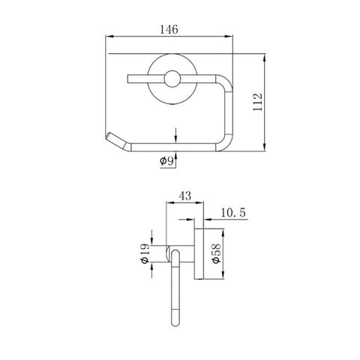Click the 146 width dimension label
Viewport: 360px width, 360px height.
click(x=169, y=29)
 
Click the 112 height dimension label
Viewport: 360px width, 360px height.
click(x=257, y=102)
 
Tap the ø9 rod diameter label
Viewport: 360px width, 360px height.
click(x=166, y=160)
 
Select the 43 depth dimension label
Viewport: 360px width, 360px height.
click(x=185, y=196)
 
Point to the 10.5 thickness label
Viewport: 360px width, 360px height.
click(x=233, y=212)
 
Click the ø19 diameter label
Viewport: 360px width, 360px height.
click(x=145, y=253)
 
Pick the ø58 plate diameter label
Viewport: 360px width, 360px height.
click(x=216, y=253)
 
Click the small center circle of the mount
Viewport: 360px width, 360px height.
click(x=172, y=79)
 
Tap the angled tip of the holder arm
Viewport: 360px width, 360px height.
click(x=108, y=136)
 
